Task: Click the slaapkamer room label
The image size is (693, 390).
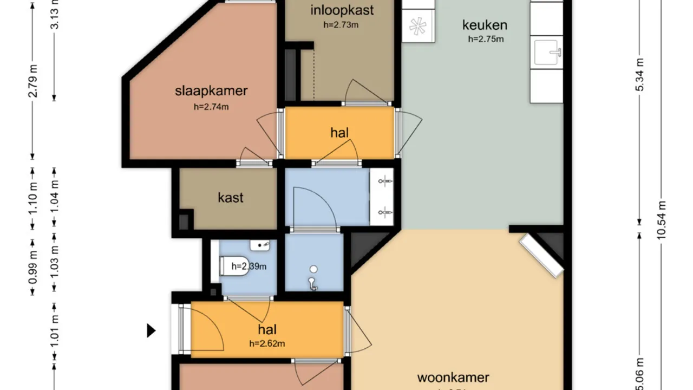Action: (211, 90)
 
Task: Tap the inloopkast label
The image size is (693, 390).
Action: (342, 10)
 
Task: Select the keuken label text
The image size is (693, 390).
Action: (485, 25)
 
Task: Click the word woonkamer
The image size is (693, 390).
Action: (453, 377)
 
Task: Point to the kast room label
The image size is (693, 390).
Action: (231, 197)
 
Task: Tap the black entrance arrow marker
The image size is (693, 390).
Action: (152, 330)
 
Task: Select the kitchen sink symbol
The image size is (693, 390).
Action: (547, 53)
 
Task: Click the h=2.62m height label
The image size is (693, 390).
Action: (267, 343)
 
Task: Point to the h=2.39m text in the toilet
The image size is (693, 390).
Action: (249, 266)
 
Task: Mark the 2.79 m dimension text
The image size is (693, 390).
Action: (33, 81)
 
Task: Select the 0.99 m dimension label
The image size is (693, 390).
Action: (33, 267)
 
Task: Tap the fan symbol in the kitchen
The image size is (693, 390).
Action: (418, 27)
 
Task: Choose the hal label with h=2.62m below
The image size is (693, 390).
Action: (267, 330)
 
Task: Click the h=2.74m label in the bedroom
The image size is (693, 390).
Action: (211, 107)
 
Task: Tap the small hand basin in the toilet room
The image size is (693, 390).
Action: (260, 245)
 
